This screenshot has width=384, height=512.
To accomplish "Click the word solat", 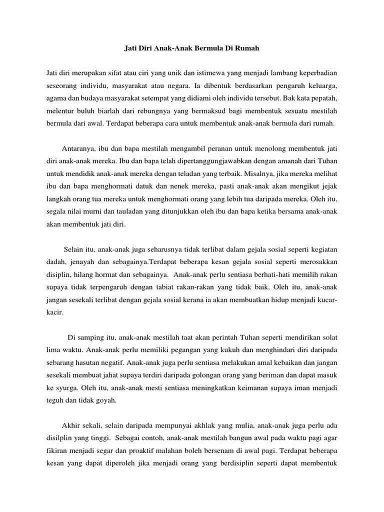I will tap(332, 337).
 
